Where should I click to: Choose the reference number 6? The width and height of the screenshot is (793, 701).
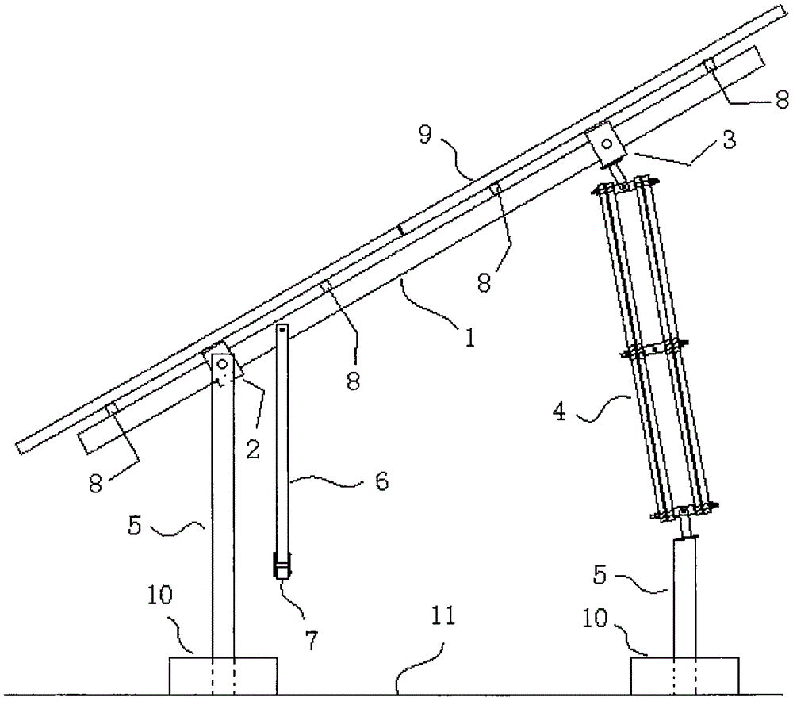381,481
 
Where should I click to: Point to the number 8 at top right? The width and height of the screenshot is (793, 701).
781,98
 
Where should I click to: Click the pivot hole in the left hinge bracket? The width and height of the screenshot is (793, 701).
223,365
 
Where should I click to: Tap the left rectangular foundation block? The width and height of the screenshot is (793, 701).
224,676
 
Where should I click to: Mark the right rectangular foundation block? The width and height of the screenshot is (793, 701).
684,676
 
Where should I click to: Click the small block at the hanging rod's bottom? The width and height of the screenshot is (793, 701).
282,569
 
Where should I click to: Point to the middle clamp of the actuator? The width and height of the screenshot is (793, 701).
653,348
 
